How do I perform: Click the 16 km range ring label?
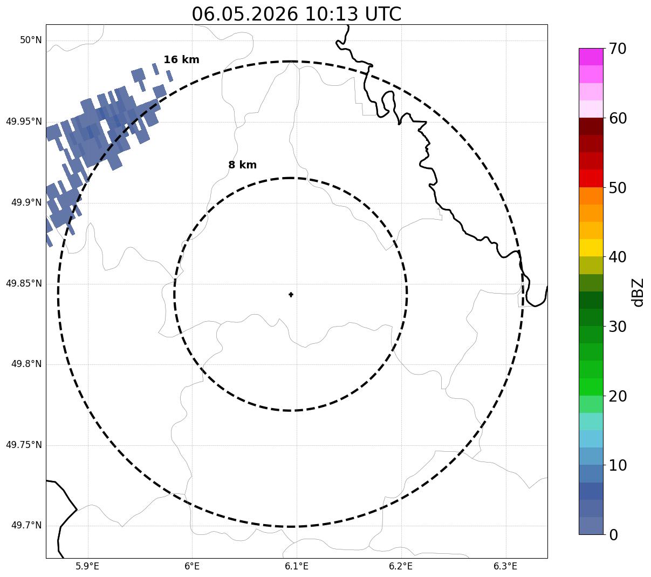pos(181,59)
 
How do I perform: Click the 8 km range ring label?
pos(242,165)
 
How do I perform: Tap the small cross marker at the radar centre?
pos(291,295)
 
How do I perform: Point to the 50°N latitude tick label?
pos(31,40)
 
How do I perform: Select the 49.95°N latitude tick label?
pos(24,121)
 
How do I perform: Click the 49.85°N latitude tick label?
pos(24,283)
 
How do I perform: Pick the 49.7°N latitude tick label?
pos(26,525)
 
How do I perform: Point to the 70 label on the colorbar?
pos(617,49)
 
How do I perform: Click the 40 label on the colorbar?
pos(617,257)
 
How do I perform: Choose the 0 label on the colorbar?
pos(613,535)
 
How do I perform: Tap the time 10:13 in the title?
pos(331,15)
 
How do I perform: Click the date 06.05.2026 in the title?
pos(245,15)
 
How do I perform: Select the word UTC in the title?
pos(383,15)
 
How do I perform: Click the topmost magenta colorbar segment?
pos(591,57)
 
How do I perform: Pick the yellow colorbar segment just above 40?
pos(591,248)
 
